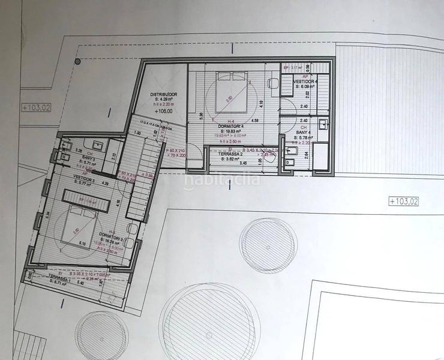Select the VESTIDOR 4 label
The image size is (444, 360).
tap(306, 82)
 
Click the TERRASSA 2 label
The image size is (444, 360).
tap(226, 156)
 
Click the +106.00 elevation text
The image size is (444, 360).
tap(163, 111)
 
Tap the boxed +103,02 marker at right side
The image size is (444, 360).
tap(403, 201)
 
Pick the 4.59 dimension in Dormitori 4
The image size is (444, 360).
tap(254, 121)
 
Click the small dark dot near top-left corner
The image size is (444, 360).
tap(77, 61)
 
